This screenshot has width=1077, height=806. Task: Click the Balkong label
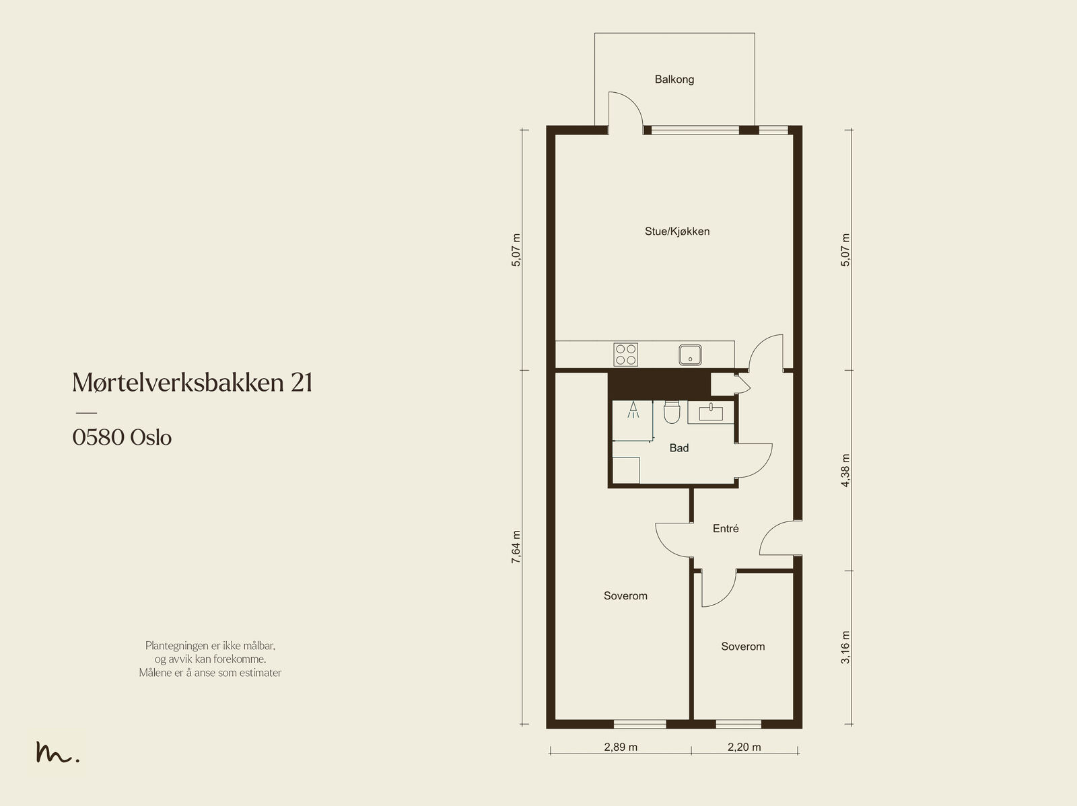pyautogui.click(x=674, y=79)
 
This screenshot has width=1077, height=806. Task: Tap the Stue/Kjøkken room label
pyautogui.click(x=677, y=231)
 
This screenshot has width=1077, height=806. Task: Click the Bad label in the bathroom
pyautogui.click(x=679, y=447)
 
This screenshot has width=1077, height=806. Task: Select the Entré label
pyautogui.click(x=726, y=529)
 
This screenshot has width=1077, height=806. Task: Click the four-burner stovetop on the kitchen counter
pyautogui.click(x=625, y=355)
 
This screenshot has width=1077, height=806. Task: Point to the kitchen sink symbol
pyautogui.click(x=691, y=355)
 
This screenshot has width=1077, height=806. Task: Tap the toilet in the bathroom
pyautogui.click(x=671, y=412)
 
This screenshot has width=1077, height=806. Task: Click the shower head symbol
pyautogui.click(x=633, y=409)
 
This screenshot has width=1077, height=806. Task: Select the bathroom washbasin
pyautogui.click(x=710, y=412)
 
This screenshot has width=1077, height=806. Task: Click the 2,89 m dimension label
pyautogui.click(x=621, y=747)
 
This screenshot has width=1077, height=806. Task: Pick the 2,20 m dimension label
pyautogui.click(x=744, y=747)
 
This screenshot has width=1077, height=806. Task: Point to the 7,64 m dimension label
pyautogui.click(x=516, y=547)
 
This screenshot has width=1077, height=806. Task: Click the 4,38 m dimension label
pyautogui.click(x=845, y=470)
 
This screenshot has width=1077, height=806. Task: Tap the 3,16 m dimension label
pyautogui.click(x=845, y=647)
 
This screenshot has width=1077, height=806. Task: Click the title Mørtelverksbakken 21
pyautogui.click(x=193, y=382)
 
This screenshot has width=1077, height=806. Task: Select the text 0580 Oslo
pyautogui.click(x=122, y=437)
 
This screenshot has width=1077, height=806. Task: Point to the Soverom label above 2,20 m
pyautogui.click(x=743, y=647)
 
